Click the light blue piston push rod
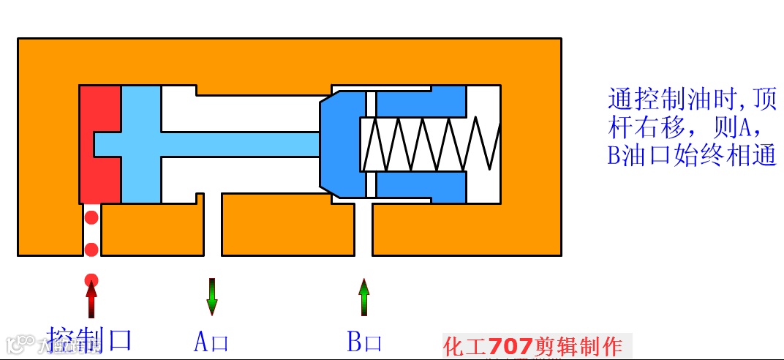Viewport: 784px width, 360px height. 219,143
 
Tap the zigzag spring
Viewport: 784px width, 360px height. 431,143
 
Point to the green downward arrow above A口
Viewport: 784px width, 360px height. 212,296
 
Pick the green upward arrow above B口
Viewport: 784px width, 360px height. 363,296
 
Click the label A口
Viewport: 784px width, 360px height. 211,342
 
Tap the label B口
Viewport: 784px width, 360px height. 364,342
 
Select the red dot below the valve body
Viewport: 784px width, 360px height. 91,279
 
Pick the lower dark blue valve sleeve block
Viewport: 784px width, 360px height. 421,188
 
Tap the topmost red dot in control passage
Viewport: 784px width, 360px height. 91,217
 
